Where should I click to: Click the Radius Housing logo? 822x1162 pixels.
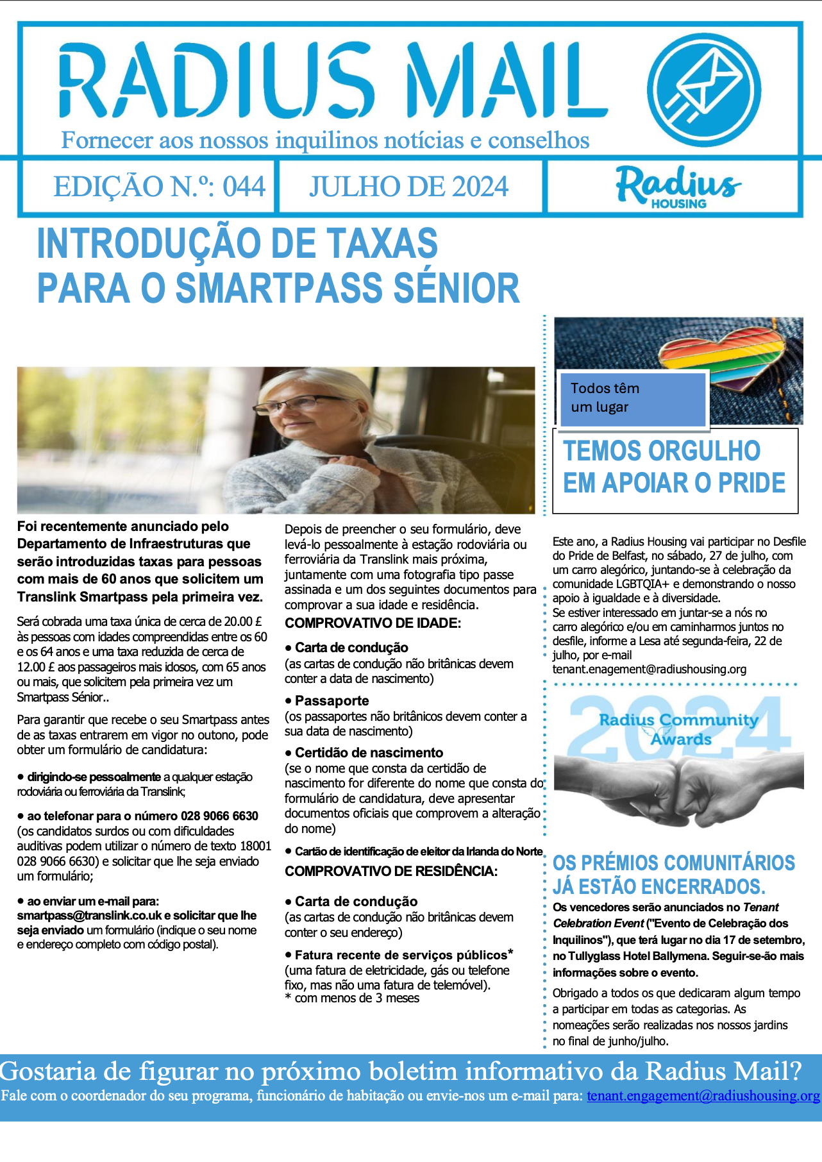tap(678, 187)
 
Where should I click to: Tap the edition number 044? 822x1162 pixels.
tap(244, 187)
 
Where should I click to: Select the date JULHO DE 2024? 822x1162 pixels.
tap(408, 187)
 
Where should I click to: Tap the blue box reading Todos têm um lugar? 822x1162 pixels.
tap(632, 398)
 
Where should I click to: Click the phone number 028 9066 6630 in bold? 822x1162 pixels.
tap(219, 816)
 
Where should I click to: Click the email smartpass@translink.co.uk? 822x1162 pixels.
tap(89, 915)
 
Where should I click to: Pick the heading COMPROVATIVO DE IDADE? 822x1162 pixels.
tap(373, 623)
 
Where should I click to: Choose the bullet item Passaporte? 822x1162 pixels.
tap(331, 700)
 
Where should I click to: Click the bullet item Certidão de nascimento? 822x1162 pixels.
tap(369, 752)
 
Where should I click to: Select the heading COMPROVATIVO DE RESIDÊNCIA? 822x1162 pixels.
tap(391, 871)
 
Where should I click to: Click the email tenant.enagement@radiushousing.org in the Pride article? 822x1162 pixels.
tap(650, 669)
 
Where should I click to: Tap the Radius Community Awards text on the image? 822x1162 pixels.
tap(679, 729)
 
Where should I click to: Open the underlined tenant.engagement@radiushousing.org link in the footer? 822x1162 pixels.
tap(703, 1095)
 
